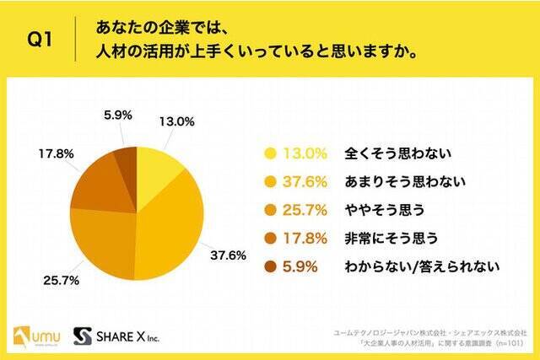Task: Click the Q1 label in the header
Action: click(x=39, y=40)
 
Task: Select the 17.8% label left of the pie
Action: click(x=54, y=154)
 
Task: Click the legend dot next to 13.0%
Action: click(x=271, y=153)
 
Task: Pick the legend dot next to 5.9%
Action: click(x=271, y=266)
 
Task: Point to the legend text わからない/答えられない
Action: click(x=416, y=266)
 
